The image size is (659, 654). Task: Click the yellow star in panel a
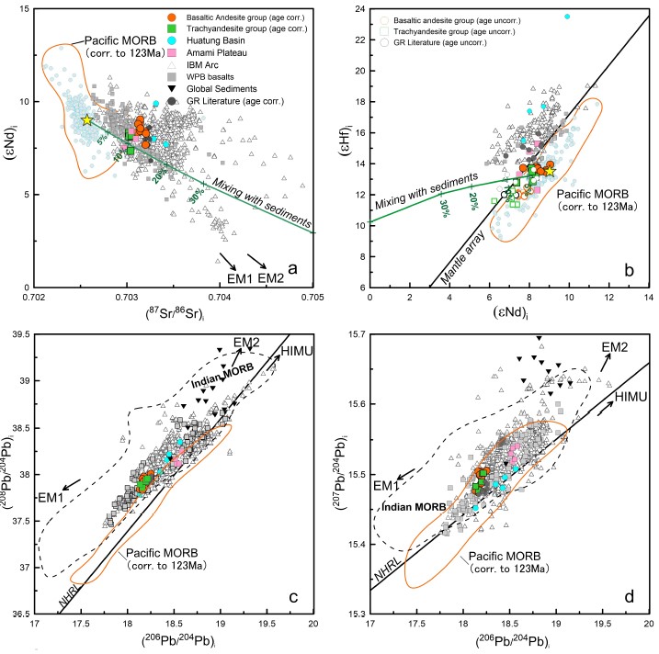pos(87,120)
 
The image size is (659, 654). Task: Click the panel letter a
pos(292,268)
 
